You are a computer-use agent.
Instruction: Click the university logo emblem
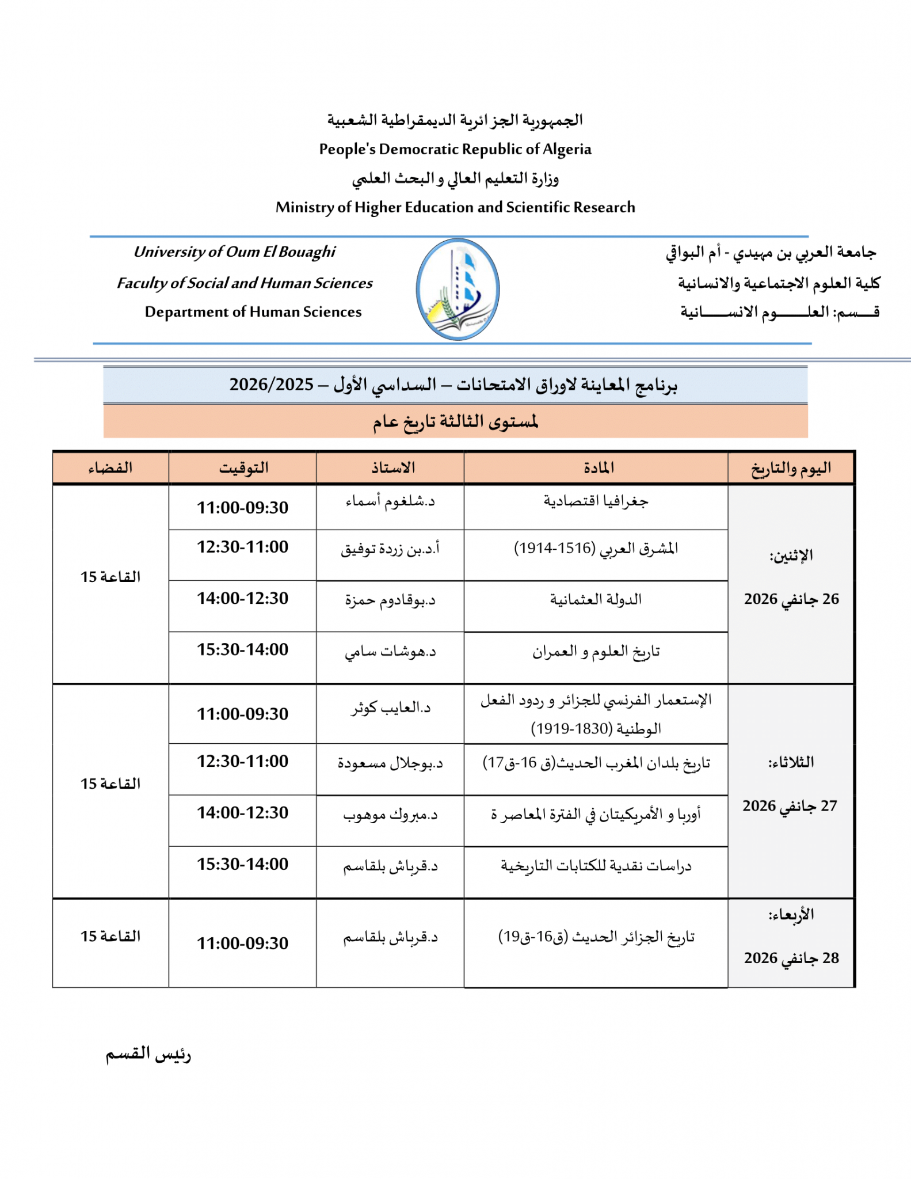pos(458,289)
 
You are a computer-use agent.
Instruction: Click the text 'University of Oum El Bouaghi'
pos(234,252)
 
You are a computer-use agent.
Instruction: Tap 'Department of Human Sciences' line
pos(253,311)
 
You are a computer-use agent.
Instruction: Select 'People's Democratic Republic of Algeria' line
pos(455,149)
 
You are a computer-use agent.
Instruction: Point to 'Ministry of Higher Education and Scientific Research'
pos(455,207)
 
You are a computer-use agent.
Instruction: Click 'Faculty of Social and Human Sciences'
pos(245,283)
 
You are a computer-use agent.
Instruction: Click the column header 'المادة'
pos(599,467)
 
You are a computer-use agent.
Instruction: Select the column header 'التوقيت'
pos(243,467)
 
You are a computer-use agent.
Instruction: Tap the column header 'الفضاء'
pos(110,467)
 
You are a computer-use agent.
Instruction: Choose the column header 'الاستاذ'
pos(392,467)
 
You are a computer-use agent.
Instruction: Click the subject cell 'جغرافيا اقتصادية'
pos(596,501)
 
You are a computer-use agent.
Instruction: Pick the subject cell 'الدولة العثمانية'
pos(596,600)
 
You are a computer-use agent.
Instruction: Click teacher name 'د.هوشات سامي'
pos(391,652)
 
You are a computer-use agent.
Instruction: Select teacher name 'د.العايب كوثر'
pos(391,708)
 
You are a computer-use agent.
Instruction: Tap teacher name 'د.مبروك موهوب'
pos(391,815)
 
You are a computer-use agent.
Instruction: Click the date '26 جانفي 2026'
pos(791,599)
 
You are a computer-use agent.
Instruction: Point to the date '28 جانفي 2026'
pos(791,958)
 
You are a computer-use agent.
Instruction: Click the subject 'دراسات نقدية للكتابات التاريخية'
pos(596,866)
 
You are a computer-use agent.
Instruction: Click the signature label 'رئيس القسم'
pos(148,1054)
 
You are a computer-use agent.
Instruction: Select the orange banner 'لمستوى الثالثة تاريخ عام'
pos(455,421)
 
